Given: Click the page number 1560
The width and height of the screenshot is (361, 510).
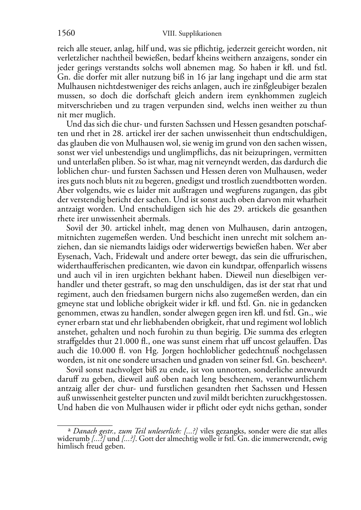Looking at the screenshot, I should pyautogui.click(x=66, y=33).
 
